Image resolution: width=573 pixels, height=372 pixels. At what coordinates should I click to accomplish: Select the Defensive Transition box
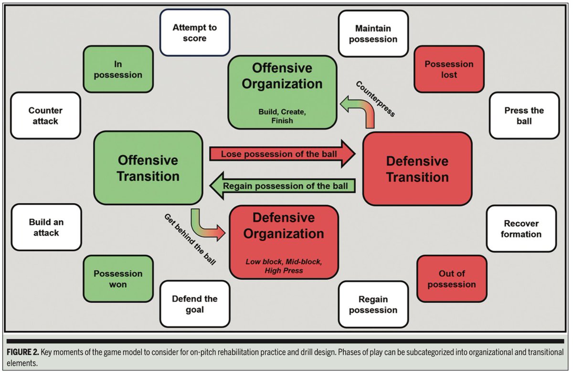coord(417,169)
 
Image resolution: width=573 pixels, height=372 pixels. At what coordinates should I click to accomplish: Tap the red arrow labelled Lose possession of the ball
coord(282,154)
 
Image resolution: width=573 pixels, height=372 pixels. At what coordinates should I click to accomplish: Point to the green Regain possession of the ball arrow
coord(284,185)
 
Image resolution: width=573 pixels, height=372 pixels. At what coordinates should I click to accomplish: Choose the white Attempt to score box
coord(194,33)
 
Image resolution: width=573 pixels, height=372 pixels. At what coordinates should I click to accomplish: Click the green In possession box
coord(118,69)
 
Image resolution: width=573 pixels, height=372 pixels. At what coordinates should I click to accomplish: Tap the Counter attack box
coord(45,116)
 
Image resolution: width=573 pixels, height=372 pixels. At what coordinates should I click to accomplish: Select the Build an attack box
coord(46,228)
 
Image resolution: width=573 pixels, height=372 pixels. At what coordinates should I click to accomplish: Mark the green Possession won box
coord(117,279)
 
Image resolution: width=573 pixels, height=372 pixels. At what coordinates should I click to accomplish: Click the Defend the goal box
coord(194,304)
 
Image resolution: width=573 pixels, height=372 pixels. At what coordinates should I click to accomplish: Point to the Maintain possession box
coord(373,33)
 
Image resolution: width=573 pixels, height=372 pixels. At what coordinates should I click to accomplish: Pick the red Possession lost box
coord(449,69)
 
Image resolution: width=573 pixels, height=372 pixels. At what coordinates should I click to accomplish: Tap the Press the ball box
coord(524,116)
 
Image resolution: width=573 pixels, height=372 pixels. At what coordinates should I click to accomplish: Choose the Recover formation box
coord(521,229)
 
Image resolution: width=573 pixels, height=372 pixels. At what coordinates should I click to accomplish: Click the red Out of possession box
coord(451,279)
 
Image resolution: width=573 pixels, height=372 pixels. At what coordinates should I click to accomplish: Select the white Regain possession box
coord(373,305)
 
